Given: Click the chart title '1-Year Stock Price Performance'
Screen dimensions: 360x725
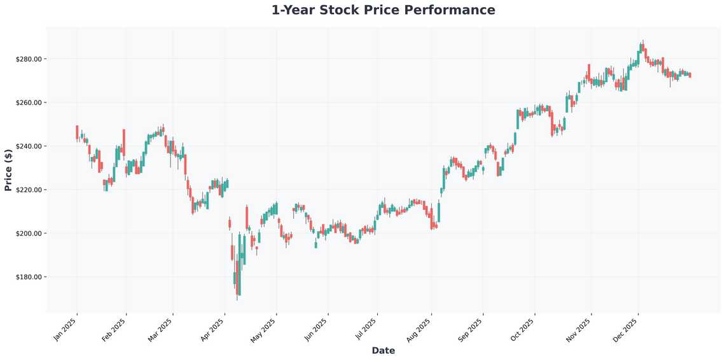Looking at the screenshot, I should [x=383, y=10].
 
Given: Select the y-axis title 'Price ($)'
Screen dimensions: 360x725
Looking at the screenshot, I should [x=8, y=170].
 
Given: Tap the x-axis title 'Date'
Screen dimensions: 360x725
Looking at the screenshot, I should [x=383, y=350].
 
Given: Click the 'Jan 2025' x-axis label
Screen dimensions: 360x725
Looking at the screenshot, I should [x=66, y=329].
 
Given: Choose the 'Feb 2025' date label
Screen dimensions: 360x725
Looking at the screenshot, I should [x=114, y=329].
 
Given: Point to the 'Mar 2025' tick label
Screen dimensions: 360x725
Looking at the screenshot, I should [x=161, y=329].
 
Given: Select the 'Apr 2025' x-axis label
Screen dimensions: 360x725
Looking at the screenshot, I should [x=212, y=329].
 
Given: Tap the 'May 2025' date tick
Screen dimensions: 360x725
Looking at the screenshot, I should [x=264, y=329].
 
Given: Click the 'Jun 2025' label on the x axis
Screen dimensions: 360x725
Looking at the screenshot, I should [x=316, y=329].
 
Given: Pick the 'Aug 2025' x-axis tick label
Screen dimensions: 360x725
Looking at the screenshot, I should [x=420, y=329].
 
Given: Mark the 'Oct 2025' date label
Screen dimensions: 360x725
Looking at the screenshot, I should [x=523, y=329].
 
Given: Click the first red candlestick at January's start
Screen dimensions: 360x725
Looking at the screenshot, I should [x=77, y=132].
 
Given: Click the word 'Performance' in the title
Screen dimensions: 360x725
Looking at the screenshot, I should [x=452, y=10].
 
